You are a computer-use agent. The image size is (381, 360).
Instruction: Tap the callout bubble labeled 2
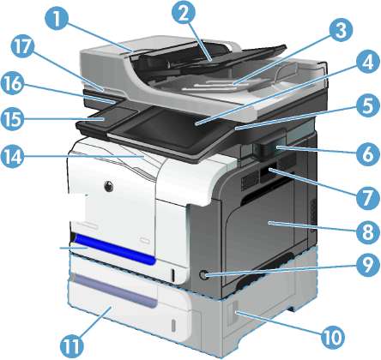[184, 13]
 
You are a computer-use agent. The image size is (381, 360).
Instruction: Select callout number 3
[341, 29]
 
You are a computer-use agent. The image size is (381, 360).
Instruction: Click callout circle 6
[368, 154]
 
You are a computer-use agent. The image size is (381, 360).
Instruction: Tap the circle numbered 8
[368, 232]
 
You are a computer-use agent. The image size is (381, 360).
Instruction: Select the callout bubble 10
[332, 338]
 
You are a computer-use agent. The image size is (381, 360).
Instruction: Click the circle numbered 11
[72, 346]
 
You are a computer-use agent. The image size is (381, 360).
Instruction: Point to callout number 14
[12, 157]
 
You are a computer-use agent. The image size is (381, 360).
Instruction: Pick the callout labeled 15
[12, 119]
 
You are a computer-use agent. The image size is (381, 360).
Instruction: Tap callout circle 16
[12, 85]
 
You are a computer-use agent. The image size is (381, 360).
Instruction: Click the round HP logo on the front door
[109, 186]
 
